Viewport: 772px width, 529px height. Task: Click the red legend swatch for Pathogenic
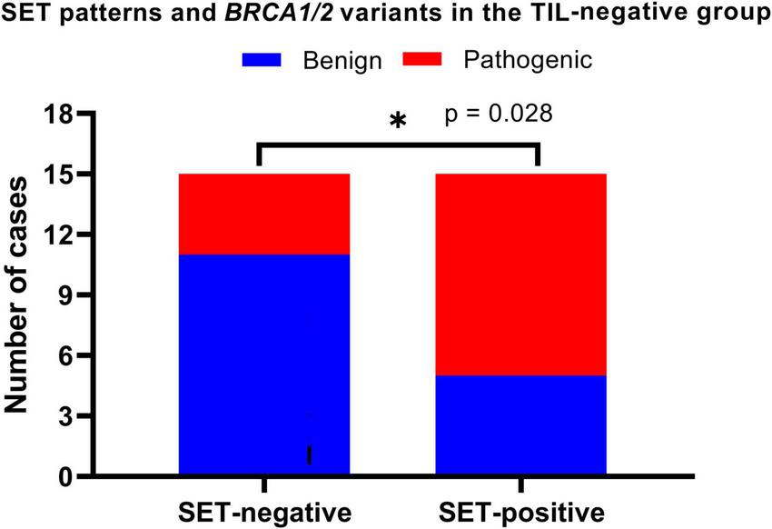tap(426, 61)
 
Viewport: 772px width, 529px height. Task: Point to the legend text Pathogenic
tap(527, 61)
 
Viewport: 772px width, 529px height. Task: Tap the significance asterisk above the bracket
tap(397, 122)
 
